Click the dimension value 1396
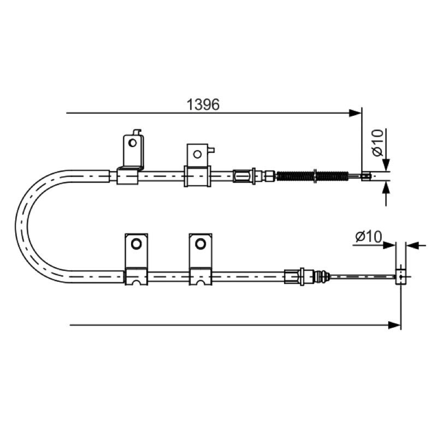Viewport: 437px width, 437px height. pos(203,105)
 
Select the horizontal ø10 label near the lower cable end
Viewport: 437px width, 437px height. pos(368,237)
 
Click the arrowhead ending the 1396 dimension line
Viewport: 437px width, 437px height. pos(356,113)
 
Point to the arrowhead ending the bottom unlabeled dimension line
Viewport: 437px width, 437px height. pos(394,325)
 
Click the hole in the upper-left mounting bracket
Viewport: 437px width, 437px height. pos(132,143)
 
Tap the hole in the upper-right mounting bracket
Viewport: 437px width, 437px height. pos(197,154)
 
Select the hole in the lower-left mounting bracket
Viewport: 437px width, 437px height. pos(136,244)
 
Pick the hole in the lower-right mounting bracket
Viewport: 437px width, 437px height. pos(200,244)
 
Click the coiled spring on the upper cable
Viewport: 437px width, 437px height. pos(312,176)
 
